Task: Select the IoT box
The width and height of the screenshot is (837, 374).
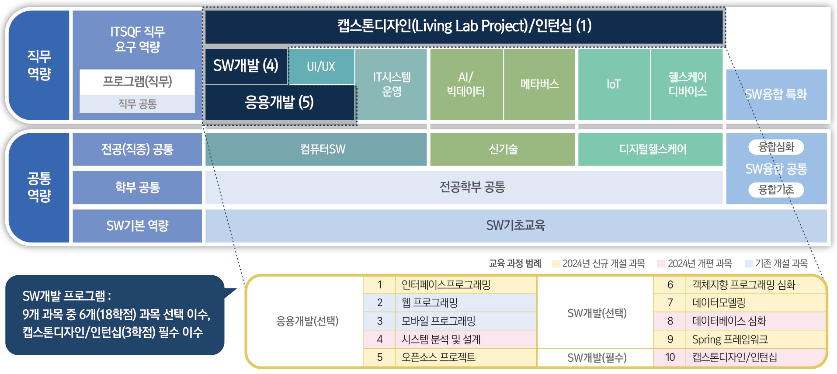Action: coord(614,84)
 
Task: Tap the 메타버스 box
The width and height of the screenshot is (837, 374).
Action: coord(539,84)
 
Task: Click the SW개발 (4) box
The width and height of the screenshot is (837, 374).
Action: coord(246,66)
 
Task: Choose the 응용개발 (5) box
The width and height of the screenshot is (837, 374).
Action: coord(280,102)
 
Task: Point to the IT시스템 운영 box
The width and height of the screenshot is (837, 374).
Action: coord(391,84)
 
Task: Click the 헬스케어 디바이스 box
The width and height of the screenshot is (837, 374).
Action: coord(687,84)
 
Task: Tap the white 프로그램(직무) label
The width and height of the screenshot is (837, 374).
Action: coord(137,82)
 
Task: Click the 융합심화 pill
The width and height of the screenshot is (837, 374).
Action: coord(776,147)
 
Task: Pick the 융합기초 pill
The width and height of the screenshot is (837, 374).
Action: coord(776,190)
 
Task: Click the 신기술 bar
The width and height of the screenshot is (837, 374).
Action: coord(503,149)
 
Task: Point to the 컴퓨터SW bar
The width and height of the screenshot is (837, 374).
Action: coord(316,149)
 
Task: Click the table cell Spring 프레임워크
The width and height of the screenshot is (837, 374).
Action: coord(755,339)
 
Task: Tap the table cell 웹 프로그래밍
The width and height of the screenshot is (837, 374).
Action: coord(465,303)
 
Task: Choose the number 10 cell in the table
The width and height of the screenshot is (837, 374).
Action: coord(670,357)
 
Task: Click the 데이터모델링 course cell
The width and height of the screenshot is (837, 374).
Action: coord(755,303)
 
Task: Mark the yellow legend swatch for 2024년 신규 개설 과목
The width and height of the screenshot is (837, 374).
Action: coord(556,263)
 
